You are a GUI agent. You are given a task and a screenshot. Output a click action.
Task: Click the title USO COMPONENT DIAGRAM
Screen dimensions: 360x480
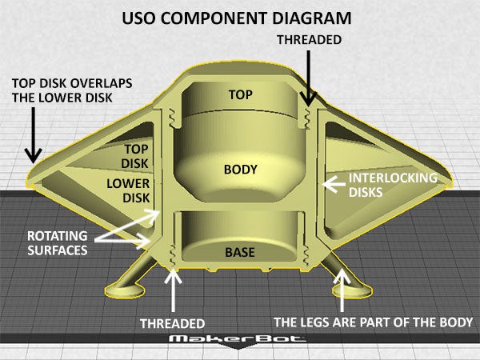point(240,16)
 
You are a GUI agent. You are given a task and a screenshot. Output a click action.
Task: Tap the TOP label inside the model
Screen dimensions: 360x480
point(240,94)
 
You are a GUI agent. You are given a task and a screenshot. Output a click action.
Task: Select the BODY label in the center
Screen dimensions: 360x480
point(240,170)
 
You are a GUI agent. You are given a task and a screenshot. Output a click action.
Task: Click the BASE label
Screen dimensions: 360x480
point(239,253)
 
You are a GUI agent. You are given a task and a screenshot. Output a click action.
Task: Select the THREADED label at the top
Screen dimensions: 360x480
point(309,38)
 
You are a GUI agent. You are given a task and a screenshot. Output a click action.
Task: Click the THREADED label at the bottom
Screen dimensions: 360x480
point(173,324)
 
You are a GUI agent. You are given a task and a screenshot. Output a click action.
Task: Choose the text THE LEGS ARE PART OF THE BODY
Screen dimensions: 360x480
point(374,322)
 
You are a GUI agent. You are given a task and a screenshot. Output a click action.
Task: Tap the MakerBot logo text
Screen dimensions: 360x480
point(240,341)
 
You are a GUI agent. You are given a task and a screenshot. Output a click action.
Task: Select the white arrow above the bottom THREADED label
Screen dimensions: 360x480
point(173,292)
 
